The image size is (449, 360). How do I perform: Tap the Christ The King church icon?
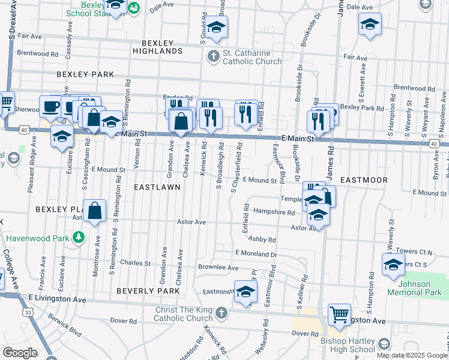point(221,312)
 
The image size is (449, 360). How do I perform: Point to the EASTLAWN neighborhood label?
point(157,187)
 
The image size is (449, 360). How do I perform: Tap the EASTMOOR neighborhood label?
point(364,180)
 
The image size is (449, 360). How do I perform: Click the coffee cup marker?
point(50,106)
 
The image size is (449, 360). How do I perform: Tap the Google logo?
point(20,352)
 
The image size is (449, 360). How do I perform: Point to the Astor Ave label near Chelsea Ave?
point(191,222)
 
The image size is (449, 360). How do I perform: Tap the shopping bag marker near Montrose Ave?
point(95,211)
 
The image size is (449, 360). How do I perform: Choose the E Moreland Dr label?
point(256,254)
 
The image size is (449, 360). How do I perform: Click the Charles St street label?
point(135,263)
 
